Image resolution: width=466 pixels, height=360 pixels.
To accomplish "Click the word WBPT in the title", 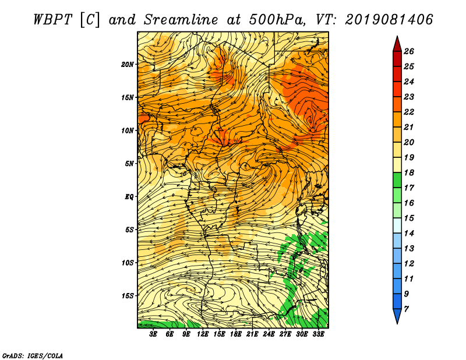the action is tap(52, 20).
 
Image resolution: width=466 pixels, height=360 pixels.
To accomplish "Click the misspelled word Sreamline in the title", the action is tap(181, 20).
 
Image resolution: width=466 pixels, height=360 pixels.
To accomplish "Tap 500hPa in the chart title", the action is tap(277, 20).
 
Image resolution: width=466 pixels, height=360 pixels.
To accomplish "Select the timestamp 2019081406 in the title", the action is tap(389, 20).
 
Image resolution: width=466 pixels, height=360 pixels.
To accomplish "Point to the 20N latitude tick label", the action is tap(127, 65).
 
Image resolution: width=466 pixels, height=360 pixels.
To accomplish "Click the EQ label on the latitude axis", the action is tap(129, 197).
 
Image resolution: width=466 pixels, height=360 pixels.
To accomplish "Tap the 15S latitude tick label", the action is tap(127, 296).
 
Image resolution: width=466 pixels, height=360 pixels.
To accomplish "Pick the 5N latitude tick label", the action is tap(129, 164).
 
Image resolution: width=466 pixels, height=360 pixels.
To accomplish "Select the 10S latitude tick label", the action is tap(127, 263).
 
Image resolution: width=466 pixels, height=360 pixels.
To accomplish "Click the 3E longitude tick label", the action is tap(153, 334).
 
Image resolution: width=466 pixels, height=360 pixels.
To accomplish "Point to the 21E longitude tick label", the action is tap(252, 334).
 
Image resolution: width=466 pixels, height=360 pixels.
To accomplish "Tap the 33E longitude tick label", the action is tap(318, 334).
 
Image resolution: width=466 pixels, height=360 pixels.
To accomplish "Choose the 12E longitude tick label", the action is tap(202, 334).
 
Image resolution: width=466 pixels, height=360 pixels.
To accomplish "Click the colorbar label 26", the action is tap(409, 51).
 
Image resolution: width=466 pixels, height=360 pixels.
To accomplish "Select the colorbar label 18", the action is tap(409, 172).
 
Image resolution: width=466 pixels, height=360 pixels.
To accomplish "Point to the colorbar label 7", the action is tap(406, 309).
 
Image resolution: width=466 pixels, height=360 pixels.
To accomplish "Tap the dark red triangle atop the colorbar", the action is tap(397, 45).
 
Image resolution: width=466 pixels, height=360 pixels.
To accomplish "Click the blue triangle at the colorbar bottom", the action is tap(397, 315).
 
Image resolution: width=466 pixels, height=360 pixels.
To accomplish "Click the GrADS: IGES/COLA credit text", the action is tap(33, 355).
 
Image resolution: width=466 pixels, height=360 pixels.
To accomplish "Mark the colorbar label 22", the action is tap(409, 112).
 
